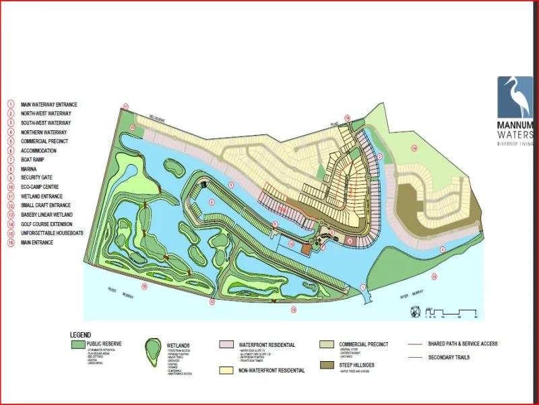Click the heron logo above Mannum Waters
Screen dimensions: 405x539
click(515, 97)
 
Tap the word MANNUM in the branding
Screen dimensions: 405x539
click(515, 126)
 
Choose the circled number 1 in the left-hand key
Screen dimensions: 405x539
click(11, 105)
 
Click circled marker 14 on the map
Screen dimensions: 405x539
click(414, 147)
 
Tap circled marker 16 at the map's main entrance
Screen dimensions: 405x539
click(348, 118)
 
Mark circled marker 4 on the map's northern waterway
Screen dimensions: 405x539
click(443, 250)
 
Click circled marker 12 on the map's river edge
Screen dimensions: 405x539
click(212, 302)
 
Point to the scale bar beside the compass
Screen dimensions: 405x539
click(451, 311)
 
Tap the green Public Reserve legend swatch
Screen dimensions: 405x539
click(77, 344)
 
